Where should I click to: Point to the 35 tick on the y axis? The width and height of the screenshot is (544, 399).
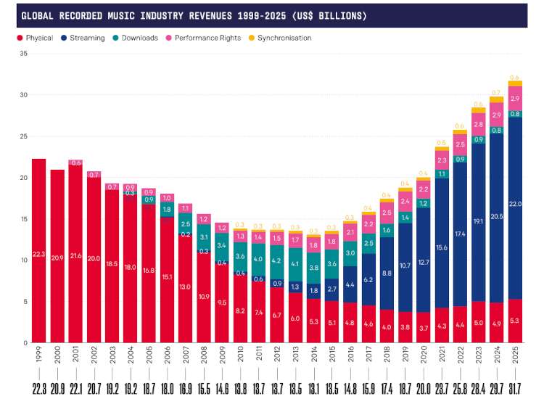(x=23, y=54)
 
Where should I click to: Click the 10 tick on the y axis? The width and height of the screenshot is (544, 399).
(x=23, y=260)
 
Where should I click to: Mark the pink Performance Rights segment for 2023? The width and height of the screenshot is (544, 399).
(x=478, y=124)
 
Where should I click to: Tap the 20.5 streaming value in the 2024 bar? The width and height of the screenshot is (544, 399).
(x=496, y=217)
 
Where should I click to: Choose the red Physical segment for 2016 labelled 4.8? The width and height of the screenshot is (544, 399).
(x=350, y=322)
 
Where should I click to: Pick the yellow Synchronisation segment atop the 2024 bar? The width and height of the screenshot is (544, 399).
(x=496, y=99)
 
